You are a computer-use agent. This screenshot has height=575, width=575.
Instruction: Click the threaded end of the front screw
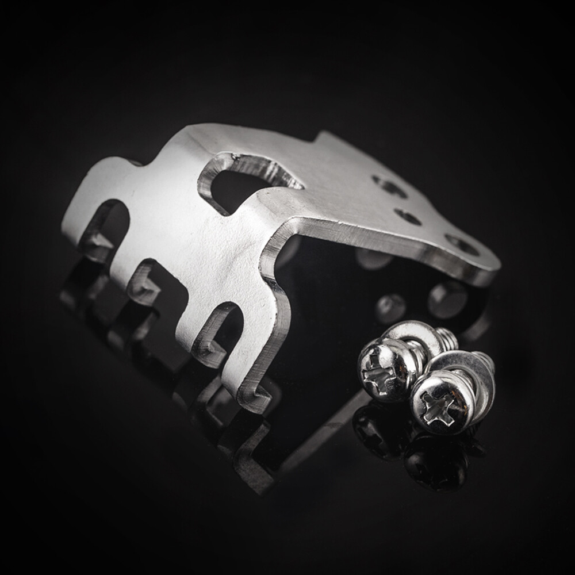[x=486, y=362]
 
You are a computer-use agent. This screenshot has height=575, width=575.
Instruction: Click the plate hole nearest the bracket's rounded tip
[x=463, y=245]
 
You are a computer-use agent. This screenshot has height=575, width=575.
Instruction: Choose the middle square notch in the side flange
[x=147, y=282]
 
